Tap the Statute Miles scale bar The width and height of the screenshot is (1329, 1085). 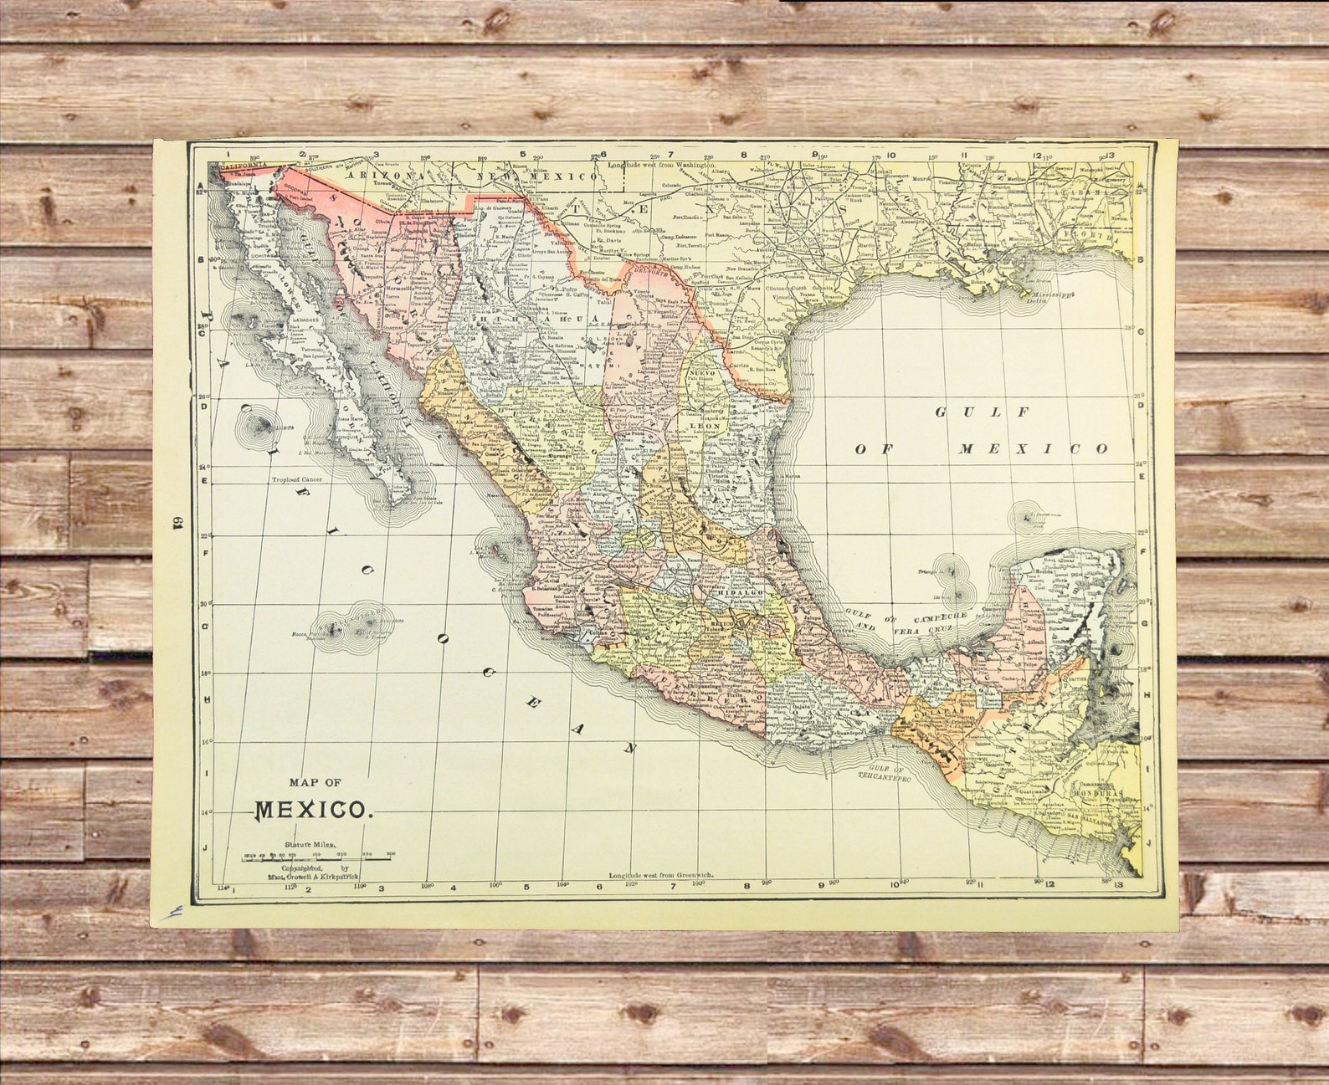pyautogui.click(x=318, y=858)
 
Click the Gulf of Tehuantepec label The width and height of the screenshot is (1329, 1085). pyautogui.click(x=887, y=772)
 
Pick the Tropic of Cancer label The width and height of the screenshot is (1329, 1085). pyautogui.click(x=296, y=480)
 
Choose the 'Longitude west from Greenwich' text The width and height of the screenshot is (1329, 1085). pyautogui.click(x=660, y=874)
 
